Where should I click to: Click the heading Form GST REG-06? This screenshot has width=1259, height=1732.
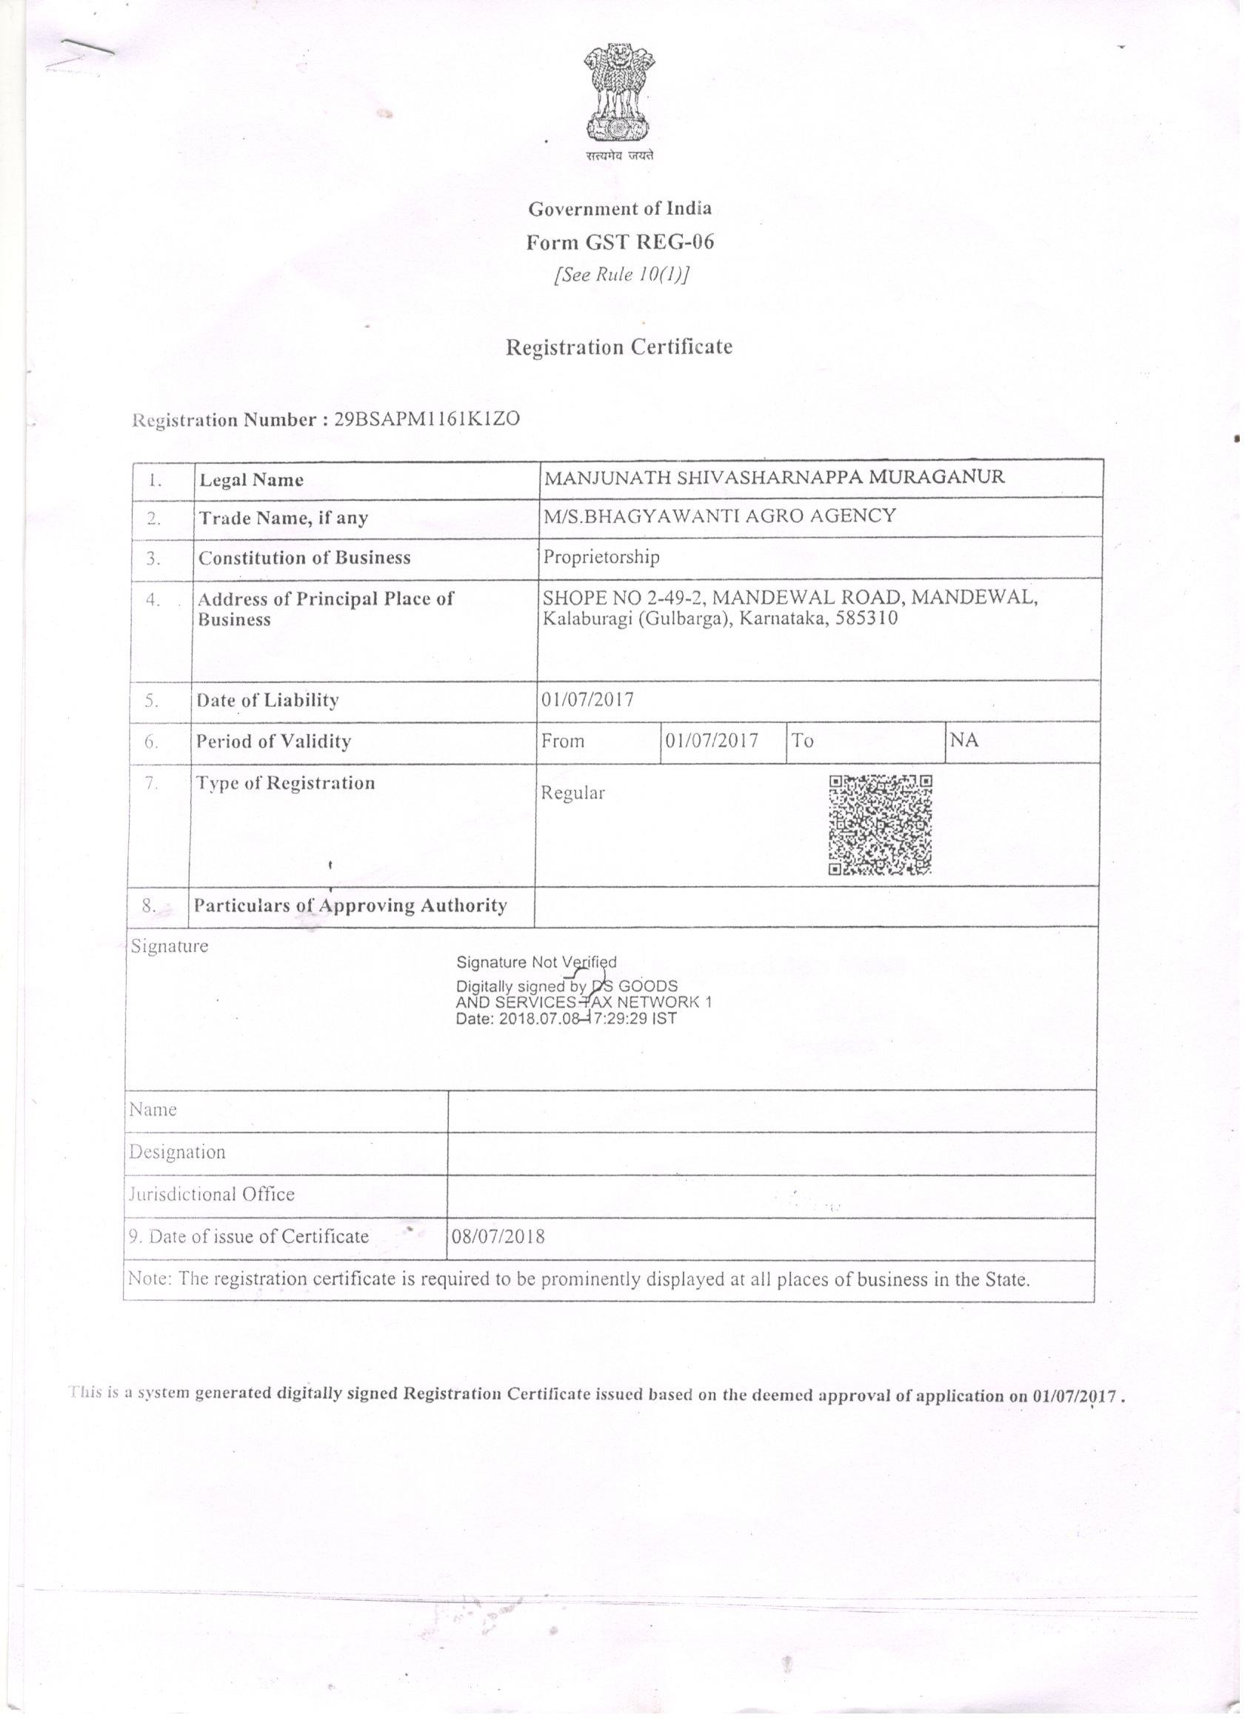(x=620, y=242)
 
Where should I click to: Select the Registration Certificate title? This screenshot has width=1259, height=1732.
(x=619, y=347)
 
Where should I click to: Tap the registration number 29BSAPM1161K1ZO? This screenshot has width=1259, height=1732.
(x=427, y=419)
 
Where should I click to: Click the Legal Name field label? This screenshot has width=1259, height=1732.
(x=251, y=480)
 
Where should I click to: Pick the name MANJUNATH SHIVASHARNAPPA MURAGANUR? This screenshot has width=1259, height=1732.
(x=773, y=477)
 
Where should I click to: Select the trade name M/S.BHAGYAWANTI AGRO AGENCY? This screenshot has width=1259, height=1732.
(x=719, y=516)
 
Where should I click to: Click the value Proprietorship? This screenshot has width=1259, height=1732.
(x=601, y=558)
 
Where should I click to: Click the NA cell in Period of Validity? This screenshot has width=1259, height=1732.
(x=964, y=740)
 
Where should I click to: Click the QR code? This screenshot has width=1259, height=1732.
(x=881, y=825)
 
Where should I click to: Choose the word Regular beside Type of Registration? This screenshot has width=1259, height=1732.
(x=572, y=793)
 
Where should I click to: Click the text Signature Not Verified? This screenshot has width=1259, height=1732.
(x=536, y=962)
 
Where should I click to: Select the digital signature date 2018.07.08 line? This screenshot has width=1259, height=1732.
(x=566, y=1019)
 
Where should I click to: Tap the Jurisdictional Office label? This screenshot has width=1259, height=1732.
(x=212, y=1194)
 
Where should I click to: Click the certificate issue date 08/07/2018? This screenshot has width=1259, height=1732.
(x=498, y=1237)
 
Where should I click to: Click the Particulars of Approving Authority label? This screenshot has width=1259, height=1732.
(x=350, y=906)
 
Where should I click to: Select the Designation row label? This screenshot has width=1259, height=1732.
(x=177, y=1152)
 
